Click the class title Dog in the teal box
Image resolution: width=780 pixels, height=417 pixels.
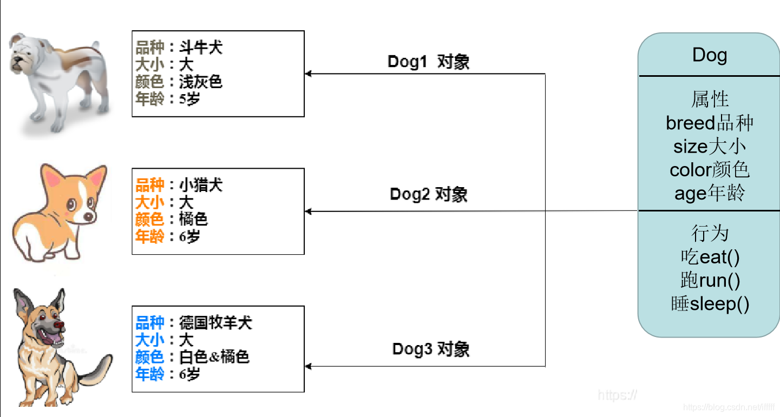pos(709,55)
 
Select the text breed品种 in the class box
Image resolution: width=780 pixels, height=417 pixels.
pos(709,123)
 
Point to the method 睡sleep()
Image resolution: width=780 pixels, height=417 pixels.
pos(710,304)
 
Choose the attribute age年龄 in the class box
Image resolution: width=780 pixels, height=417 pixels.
pos(709,194)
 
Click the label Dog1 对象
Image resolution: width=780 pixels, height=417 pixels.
pos(428,62)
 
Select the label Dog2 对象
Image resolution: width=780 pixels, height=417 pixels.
pos(428,194)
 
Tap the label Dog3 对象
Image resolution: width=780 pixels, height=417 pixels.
pos(430,349)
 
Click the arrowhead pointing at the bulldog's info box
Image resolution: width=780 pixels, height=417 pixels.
pos(309,74)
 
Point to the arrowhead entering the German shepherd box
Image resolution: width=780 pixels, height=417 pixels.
pos(309,366)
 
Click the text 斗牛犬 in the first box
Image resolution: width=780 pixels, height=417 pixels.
pos(201,48)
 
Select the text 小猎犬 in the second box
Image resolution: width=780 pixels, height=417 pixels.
pos(201,186)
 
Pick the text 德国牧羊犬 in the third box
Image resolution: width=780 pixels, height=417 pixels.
pos(215,323)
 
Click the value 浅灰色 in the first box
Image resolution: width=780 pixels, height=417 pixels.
pos(201,82)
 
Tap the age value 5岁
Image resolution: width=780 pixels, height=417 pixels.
pos(189,99)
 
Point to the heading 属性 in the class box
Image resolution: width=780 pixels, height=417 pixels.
pos(709,100)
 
